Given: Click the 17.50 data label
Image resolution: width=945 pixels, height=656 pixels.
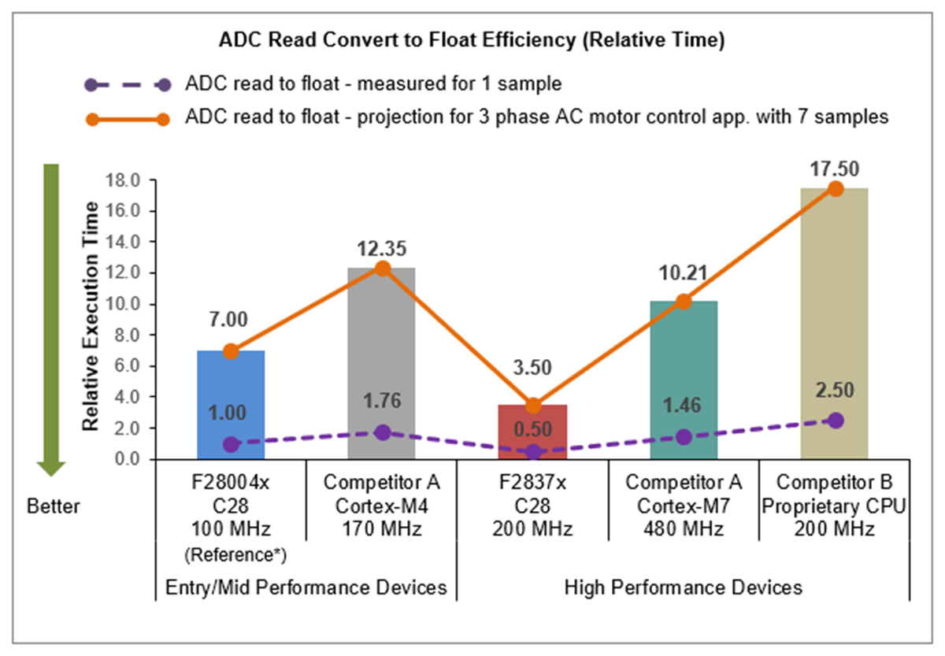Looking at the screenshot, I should [x=836, y=169].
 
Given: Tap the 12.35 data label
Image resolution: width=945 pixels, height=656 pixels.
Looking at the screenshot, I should [x=382, y=250].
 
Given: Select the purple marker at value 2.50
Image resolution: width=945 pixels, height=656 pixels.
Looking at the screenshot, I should [x=836, y=421].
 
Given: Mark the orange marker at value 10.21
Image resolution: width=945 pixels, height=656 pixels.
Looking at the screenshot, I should [x=684, y=302].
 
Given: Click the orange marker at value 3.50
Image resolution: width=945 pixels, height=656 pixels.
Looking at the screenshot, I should [x=533, y=406].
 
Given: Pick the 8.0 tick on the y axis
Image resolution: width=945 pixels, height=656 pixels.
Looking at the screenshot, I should [x=128, y=335].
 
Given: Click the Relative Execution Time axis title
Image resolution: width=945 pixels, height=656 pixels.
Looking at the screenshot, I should [x=91, y=315].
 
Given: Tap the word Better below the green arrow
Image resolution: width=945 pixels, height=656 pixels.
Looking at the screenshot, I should [x=54, y=506].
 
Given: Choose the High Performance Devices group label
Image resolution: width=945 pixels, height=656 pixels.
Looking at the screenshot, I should [x=684, y=587].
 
